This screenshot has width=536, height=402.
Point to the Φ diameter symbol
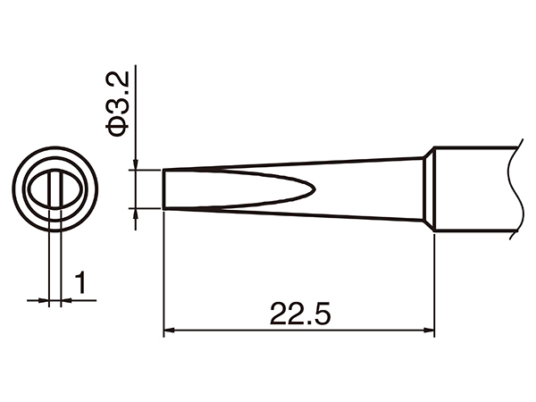tap(119, 128)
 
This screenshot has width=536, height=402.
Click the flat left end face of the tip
tap(163, 188)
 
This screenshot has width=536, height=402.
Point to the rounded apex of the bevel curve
tap(313, 188)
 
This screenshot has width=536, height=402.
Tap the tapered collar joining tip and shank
tap(429, 189)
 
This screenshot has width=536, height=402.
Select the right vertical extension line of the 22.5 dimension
tap(434, 286)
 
